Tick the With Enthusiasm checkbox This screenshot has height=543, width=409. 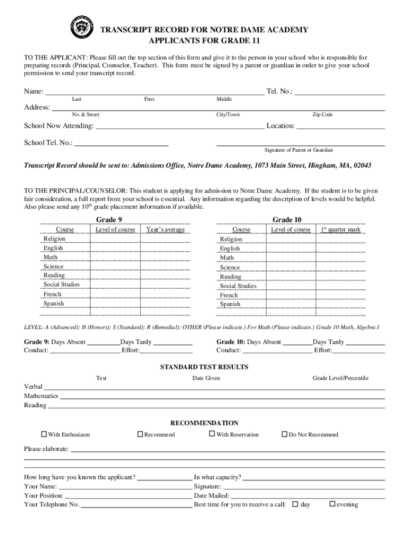[x=44, y=434]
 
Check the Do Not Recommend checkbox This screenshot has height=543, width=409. [x=284, y=434]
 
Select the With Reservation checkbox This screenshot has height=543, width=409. [x=212, y=434]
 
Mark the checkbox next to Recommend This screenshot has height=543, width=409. [x=140, y=434]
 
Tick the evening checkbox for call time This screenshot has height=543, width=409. [x=333, y=504]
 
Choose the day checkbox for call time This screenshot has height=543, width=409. [x=296, y=504]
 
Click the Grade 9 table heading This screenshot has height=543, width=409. [x=109, y=220]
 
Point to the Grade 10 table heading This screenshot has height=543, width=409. [x=287, y=220]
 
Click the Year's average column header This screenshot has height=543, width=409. [x=165, y=230]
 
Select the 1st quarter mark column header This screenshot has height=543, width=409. [x=340, y=230]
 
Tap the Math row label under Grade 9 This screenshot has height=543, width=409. [x=50, y=257]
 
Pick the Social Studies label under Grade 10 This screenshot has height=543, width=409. [x=238, y=286]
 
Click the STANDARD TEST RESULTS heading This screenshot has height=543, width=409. [x=204, y=367]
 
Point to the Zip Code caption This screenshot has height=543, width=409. [x=322, y=115]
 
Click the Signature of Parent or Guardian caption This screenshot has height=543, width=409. [x=299, y=150]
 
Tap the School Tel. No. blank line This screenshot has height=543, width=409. [x=122, y=144]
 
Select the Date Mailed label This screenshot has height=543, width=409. [x=208, y=496]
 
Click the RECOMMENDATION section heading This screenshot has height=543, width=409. [x=204, y=423]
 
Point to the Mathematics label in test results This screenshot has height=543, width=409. [x=41, y=396]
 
